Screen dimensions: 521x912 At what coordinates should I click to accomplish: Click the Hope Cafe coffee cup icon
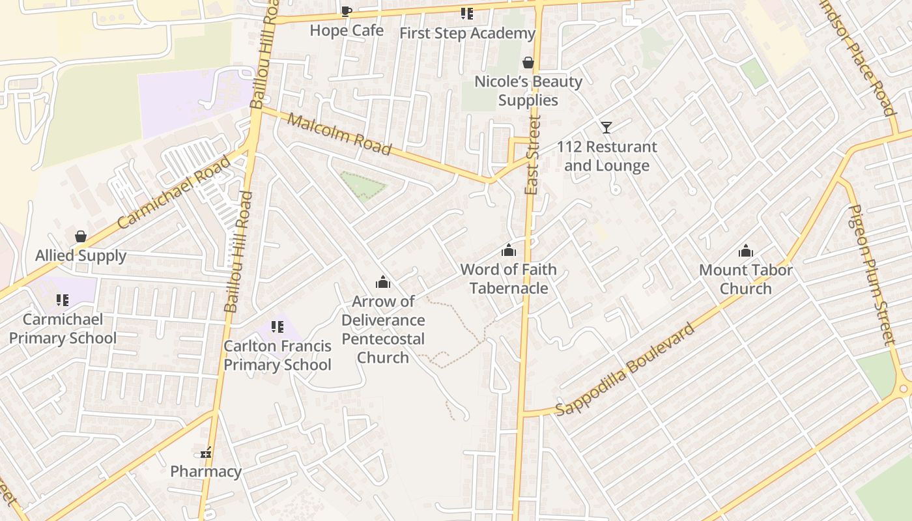pos(347,11)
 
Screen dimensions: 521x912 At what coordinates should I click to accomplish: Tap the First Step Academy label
pos(467,33)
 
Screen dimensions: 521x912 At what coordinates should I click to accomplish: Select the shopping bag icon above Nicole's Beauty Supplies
pos(528,63)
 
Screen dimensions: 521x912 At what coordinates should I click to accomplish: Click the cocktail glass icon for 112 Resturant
pos(606,127)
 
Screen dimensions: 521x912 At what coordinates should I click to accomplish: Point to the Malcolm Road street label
pos(339,135)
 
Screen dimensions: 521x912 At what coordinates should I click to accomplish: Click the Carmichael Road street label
pos(174,192)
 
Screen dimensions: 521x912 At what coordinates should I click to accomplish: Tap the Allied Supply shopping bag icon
pos(81,236)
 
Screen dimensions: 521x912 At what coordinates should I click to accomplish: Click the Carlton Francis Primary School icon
pos(278,327)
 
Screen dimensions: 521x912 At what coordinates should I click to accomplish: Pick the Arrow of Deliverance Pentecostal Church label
pos(383,330)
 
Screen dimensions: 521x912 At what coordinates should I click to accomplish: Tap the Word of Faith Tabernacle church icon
pos(509,250)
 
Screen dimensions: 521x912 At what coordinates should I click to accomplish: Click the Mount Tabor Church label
pos(746,279)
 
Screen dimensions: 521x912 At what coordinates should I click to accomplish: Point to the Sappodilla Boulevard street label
pos(625,369)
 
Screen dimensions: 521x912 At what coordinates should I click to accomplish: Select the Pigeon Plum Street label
pos(872,274)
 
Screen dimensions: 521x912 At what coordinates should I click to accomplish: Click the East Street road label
pos(532,155)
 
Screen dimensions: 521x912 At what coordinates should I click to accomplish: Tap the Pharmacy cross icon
pos(206,453)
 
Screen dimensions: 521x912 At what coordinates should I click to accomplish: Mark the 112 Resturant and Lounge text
pos(606,156)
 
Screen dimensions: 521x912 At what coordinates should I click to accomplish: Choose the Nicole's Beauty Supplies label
pos(528,91)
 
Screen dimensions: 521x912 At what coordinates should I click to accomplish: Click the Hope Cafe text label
pos(347,31)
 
